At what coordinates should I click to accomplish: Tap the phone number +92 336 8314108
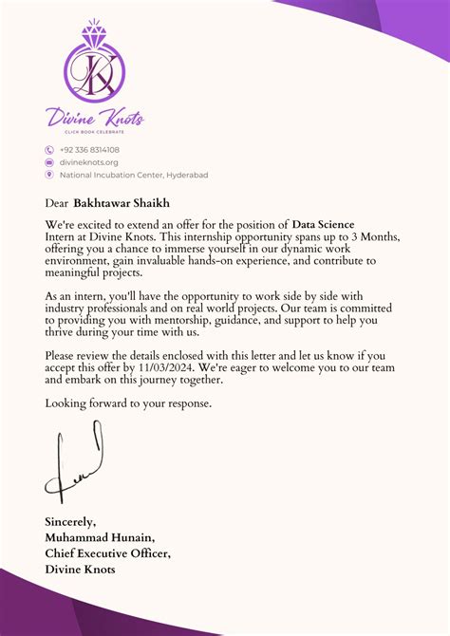89,150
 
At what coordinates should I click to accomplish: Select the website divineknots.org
89,162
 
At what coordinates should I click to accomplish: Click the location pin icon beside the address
49,175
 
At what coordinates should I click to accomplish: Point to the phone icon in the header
49,150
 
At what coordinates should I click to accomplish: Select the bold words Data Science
323,224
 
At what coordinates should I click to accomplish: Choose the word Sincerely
70,521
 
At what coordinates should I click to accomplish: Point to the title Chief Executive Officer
108,552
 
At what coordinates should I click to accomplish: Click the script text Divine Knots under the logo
95,118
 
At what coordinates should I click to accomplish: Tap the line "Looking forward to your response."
129,402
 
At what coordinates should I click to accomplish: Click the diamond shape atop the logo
95,31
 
